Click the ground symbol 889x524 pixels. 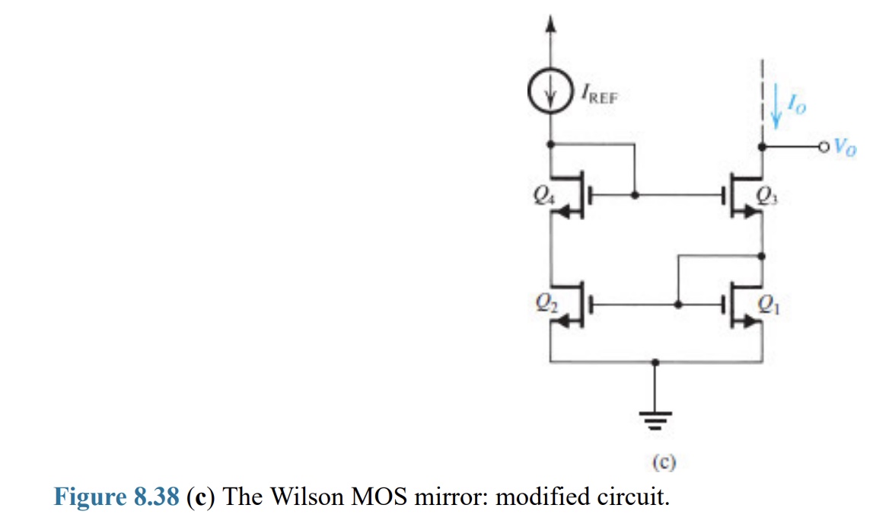tap(655, 419)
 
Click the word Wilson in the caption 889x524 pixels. tap(304, 497)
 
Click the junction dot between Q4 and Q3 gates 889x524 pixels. tap(636, 196)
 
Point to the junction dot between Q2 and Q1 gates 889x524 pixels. tap(677, 305)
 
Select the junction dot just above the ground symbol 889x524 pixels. tap(655, 364)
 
